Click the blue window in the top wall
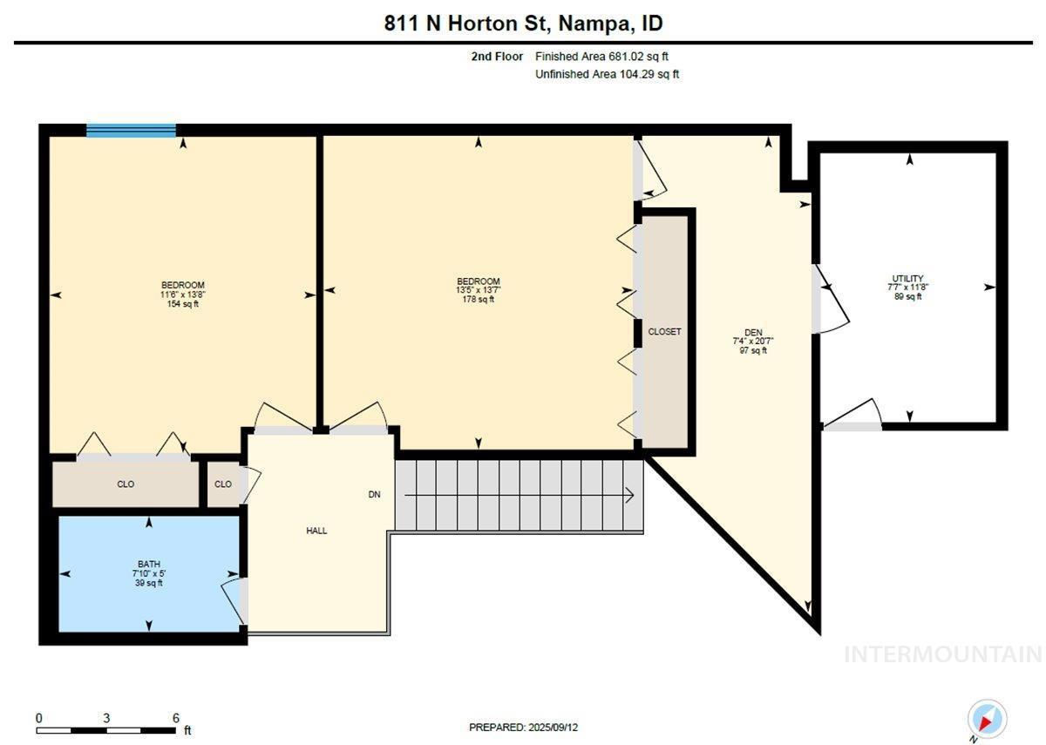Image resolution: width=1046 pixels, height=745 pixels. tap(132, 130)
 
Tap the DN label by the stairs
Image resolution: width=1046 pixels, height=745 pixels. tap(375, 494)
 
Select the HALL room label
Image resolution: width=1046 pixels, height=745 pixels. tap(316, 531)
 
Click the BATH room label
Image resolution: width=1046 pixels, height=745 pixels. tap(149, 564)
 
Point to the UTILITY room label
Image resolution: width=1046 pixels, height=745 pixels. tap(907, 278)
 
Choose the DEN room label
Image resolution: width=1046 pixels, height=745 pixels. tap(753, 332)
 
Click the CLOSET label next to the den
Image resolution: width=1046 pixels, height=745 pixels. tap(664, 331)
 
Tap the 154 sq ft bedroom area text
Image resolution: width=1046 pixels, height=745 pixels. tap(182, 304)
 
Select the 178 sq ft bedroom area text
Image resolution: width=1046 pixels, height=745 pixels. tap(479, 299)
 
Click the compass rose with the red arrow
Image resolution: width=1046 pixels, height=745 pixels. tap(987, 718)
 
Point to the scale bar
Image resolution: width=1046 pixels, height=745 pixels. tap(106, 730)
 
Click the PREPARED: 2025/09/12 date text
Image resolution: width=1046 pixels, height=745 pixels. tap(523, 728)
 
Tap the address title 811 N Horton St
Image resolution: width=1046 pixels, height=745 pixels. tap(464, 24)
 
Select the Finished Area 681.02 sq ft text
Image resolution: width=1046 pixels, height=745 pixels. tap(601, 57)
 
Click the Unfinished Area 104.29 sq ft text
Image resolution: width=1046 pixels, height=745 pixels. tap(607, 74)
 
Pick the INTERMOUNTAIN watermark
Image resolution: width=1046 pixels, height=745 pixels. tap(943, 654)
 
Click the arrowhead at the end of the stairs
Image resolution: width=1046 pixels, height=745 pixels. tap(629, 495)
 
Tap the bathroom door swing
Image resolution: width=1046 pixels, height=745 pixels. tap(232, 601)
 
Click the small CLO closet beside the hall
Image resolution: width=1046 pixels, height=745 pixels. tap(223, 484)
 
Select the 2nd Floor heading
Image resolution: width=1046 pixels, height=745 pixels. tap(497, 57)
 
